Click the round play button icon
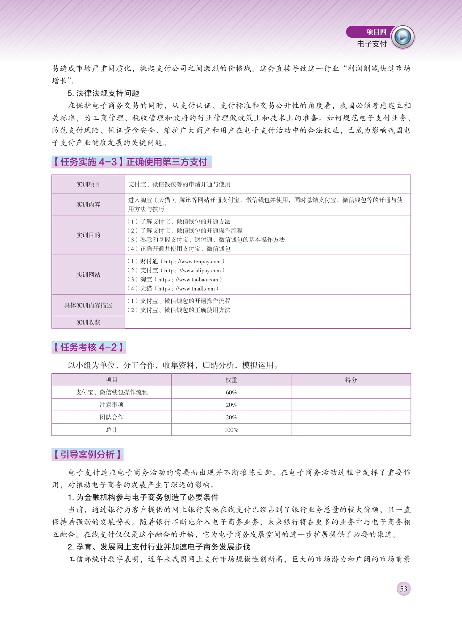[x=403, y=37]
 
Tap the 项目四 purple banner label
[x=376, y=32]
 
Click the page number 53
[x=403, y=589]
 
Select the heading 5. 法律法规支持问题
[x=104, y=93]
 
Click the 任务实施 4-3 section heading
[x=131, y=162]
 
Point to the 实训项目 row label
[x=88, y=184]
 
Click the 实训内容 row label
[x=88, y=205]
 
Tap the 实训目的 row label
[x=88, y=235]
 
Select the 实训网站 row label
[x=88, y=275]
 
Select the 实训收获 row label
[x=88, y=322]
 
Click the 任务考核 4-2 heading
[x=88, y=347]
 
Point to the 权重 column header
[x=231, y=380]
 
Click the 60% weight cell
[x=231, y=392]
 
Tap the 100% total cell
[x=231, y=430]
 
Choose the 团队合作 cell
[x=112, y=417]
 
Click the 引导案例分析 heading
[x=87, y=454]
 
